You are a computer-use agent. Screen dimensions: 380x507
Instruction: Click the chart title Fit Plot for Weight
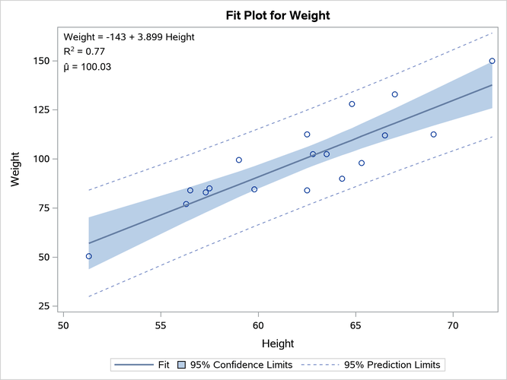pos(278,15)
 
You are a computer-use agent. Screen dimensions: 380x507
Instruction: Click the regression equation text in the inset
pos(129,36)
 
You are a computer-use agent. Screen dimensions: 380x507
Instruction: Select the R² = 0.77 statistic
pos(84,52)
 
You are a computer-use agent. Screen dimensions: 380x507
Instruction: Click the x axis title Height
pos(278,344)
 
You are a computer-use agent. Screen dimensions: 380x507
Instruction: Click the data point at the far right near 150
pos(492,61)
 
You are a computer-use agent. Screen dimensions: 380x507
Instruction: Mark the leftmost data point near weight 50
pos(89,256)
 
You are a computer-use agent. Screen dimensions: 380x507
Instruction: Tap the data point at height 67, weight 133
pos(394,94)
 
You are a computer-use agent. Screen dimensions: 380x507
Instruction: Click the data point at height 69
pos(433,135)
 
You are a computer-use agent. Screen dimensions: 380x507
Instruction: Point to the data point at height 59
pos(239,160)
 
